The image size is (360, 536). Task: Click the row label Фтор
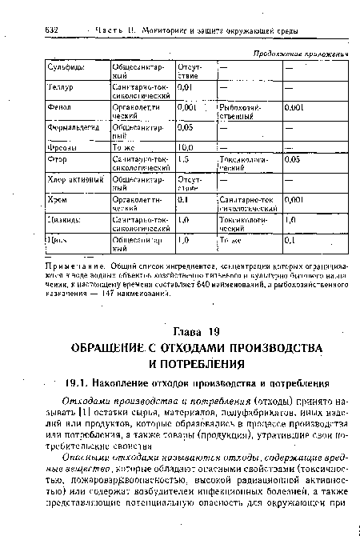(x=46, y=159)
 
